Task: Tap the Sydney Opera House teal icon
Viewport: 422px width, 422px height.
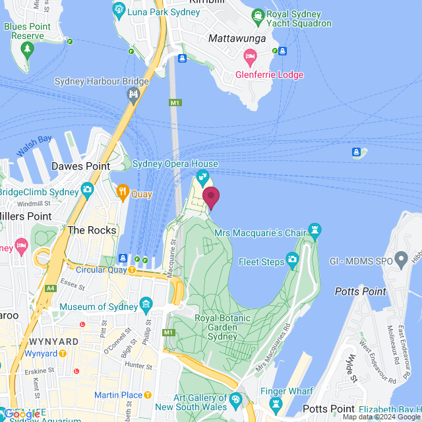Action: point(204,177)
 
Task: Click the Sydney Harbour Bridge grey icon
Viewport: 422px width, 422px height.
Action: point(134,95)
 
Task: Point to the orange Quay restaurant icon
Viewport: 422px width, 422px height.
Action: point(122,193)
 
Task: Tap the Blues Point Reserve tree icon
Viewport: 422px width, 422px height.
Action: point(27,48)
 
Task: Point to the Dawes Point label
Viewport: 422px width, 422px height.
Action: point(80,166)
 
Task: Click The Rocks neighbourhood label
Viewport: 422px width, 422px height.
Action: point(92,230)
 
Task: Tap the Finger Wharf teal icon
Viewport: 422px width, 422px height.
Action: point(276,403)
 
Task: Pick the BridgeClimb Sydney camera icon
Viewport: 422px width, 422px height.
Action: point(87,191)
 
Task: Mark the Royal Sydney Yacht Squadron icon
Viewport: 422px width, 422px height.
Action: point(258,15)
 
